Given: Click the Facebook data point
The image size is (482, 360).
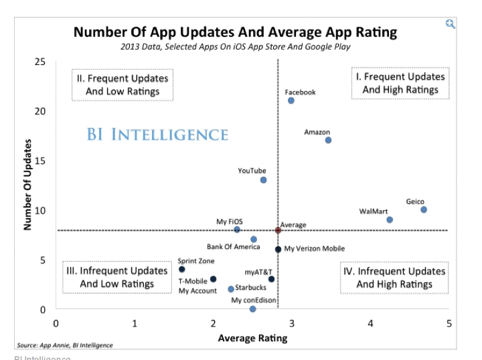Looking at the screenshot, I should click(291, 100).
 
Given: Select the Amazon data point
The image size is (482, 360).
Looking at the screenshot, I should click(328, 140).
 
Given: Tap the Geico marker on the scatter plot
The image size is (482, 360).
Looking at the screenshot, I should click(424, 209).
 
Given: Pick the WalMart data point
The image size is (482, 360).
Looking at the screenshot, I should click(390, 219).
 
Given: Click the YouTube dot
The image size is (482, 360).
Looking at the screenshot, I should click(264, 180).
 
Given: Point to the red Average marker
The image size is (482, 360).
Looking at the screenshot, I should click(278, 230).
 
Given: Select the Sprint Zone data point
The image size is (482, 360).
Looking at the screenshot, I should click(181, 269).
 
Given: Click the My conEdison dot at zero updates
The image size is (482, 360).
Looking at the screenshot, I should click(252, 309).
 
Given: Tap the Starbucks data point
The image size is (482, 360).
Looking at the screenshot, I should click(231, 289).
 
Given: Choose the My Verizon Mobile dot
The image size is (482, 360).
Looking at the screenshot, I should click(278, 249).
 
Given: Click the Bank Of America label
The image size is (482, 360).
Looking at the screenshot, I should click(233, 247).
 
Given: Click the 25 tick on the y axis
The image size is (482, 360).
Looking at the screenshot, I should click(40, 62).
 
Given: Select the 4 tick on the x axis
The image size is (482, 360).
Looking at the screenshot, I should click(370, 324).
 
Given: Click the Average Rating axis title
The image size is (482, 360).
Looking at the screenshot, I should click(252, 338).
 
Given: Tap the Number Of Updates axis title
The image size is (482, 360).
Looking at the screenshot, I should click(28, 185).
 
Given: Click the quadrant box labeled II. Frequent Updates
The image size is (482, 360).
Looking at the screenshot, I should click(123, 84).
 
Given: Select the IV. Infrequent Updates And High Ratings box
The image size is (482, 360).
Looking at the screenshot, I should click(394, 278).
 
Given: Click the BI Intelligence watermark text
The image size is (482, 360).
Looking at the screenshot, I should click(157, 134).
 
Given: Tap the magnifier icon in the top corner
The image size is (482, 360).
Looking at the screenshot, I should click(451, 24).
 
